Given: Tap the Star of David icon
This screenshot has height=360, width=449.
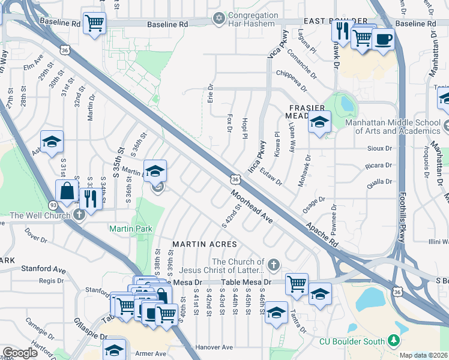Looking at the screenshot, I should click(x=218, y=19).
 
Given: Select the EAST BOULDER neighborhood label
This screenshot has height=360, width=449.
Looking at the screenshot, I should click(x=327, y=20).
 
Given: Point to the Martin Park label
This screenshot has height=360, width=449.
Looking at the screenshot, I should click(x=131, y=229).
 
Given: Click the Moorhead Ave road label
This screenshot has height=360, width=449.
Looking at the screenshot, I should click(x=252, y=208).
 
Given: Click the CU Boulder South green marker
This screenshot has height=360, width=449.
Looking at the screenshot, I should click(x=394, y=341).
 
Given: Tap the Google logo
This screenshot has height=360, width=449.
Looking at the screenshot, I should click(x=20, y=353).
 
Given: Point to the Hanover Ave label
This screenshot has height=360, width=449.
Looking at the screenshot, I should click(x=214, y=347).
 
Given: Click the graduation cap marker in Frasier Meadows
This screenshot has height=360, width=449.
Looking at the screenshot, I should click(x=319, y=123).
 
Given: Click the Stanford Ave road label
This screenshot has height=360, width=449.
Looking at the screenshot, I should click(x=43, y=269).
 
